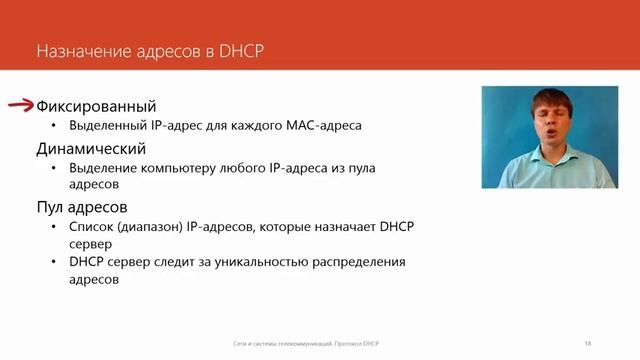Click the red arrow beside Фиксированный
click(x=21, y=105)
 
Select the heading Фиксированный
click(x=96, y=106)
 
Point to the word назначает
click(x=340, y=228)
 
